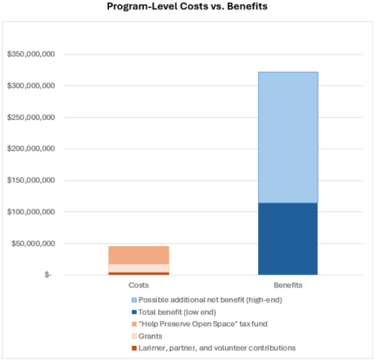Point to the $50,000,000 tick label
pos(32,244)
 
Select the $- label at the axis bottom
pos(48,275)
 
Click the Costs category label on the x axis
pos(138,286)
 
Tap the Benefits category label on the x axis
pos(288,286)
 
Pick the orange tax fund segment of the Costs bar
pos(138,255)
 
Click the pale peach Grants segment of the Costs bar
pos(138,268)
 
